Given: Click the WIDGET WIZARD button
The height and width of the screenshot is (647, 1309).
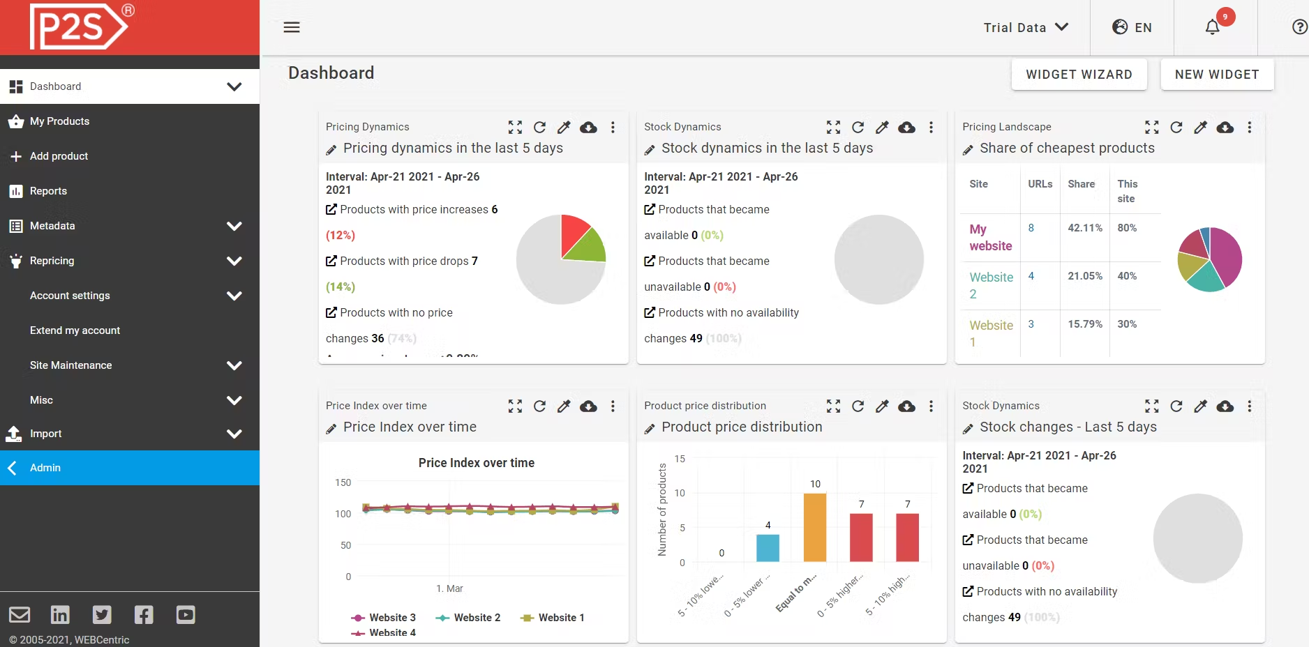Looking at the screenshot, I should pyautogui.click(x=1079, y=75).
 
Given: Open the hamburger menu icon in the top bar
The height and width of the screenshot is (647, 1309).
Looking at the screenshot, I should pyautogui.click(x=292, y=27).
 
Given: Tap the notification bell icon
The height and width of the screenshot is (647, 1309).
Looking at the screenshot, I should pyautogui.click(x=1213, y=27).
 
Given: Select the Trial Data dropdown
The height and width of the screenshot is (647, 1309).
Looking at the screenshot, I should pyautogui.click(x=1026, y=27).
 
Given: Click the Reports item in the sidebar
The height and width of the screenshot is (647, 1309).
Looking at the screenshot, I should pyautogui.click(x=48, y=191).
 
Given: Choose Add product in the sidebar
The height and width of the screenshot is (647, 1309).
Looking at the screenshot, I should pyautogui.click(x=59, y=156).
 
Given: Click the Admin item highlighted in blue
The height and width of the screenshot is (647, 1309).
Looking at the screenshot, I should pyautogui.click(x=45, y=468).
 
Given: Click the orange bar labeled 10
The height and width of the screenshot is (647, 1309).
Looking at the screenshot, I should pyautogui.click(x=815, y=527).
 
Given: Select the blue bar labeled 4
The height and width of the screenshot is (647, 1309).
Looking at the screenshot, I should pyautogui.click(x=768, y=548).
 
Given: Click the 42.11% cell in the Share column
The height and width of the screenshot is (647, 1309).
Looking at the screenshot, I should pyautogui.click(x=1085, y=228).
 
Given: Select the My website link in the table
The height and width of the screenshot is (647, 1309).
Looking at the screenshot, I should pyautogui.click(x=990, y=238).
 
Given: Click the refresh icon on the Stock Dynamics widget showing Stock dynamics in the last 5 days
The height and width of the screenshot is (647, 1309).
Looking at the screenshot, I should pyautogui.click(x=858, y=127).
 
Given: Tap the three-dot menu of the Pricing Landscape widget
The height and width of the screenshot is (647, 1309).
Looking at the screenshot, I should pyautogui.click(x=1250, y=127).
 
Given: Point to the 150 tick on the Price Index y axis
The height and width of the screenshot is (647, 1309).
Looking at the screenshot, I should pyautogui.click(x=343, y=482).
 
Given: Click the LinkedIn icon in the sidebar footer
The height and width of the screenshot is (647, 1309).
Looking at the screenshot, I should pyautogui.click(x=60, y=614).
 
